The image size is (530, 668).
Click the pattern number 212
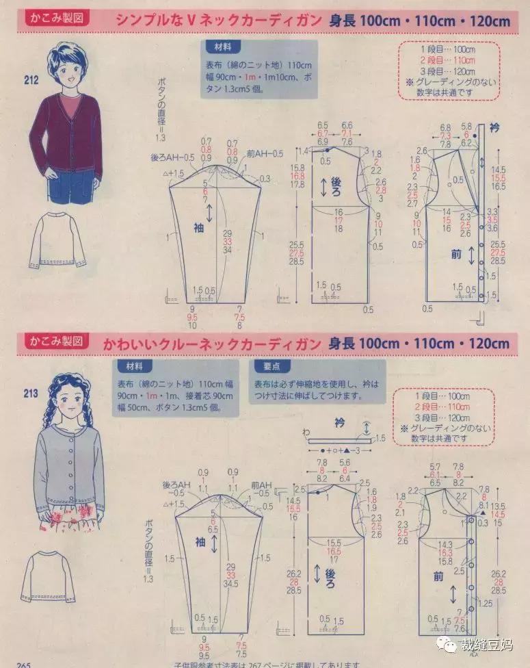pyautogui.click(x=31, y=80)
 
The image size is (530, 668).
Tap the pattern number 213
pyautogui.click(x=31, y=392)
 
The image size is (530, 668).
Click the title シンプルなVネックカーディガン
pyautogui.click(x=218, y=21)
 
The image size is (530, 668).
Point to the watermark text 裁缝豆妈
pyautogui.click(x=490, y=643)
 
